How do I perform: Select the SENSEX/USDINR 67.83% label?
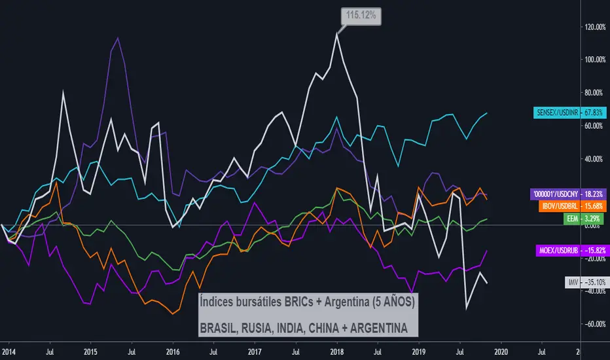(567, 113)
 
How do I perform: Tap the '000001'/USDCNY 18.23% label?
(567, 194)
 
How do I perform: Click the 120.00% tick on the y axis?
(593, 27)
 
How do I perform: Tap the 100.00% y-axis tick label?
(593, 60)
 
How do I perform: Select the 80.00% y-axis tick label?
(593, 93)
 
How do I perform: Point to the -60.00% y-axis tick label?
(593, 324)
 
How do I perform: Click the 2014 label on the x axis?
(9, 351)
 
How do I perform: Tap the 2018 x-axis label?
(337, 351)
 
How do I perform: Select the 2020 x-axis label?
(502, 351)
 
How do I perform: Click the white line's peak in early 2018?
(337, 33)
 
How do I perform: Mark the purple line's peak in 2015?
(117, 38)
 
